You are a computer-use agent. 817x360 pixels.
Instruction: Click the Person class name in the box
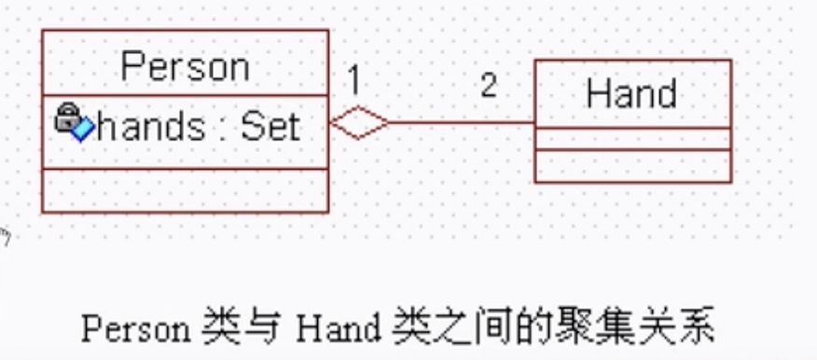pyautogui.click(x=186, y=67)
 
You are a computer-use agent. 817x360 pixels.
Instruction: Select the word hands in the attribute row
pyautogui.click(x=150, y=127)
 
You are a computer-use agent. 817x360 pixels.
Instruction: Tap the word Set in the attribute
pyautogui.click(x=270, y=127)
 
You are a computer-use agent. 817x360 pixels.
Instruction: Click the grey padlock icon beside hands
pyautogui.click(x=66, y=118)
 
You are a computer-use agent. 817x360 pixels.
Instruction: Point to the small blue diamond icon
pyautogui.click(x=82, y=130)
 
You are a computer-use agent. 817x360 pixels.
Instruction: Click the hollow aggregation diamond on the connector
pyautogui.click(x=360, y=123)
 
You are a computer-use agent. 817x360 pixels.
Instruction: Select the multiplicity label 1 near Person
pyautogui.click(x=353, y=81)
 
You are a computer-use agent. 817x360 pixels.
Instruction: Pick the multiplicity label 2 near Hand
pyautogui.click(x=489, y=86)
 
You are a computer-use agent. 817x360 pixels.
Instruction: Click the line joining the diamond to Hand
pyautogui.click(x=462, y=122)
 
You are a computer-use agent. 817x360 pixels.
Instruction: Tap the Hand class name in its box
pyautogui.click(x=631, y=94)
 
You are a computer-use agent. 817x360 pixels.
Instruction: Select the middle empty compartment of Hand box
pyautogui.click(x=632, y=139)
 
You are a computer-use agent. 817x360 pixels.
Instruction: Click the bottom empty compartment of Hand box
pyautogui.click(x=632, y=165)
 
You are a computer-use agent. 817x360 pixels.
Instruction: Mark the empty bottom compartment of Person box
pyautogui.click(x=185, y=190)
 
